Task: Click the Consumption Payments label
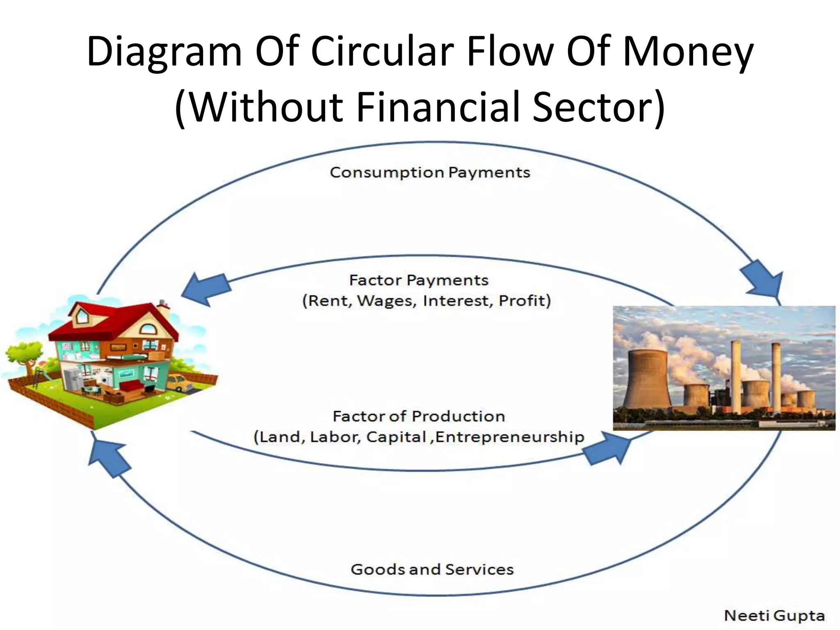430,173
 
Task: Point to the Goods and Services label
432,570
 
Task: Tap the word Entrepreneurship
509,437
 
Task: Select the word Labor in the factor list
335,437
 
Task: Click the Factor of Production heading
418,417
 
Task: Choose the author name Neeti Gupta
774,616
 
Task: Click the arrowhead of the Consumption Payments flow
765,279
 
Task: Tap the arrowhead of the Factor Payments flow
203,289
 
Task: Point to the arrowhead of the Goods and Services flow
107,457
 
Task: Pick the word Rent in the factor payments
326,301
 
